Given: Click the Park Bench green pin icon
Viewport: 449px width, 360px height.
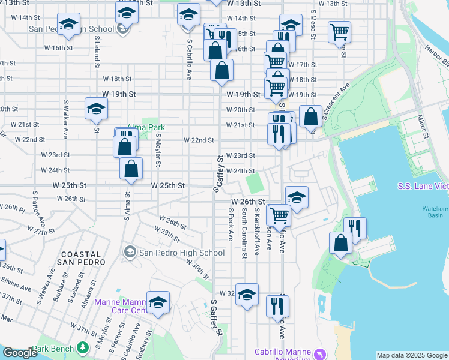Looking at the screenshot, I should click(82, 348).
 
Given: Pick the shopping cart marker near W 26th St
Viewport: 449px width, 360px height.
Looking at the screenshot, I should click(279, 214).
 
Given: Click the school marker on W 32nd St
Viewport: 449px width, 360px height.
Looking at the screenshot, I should click(247, 295).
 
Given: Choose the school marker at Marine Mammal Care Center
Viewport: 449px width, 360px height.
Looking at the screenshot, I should click(158, 303).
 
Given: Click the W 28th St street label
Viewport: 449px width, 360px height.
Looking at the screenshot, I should click(173, 223).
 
